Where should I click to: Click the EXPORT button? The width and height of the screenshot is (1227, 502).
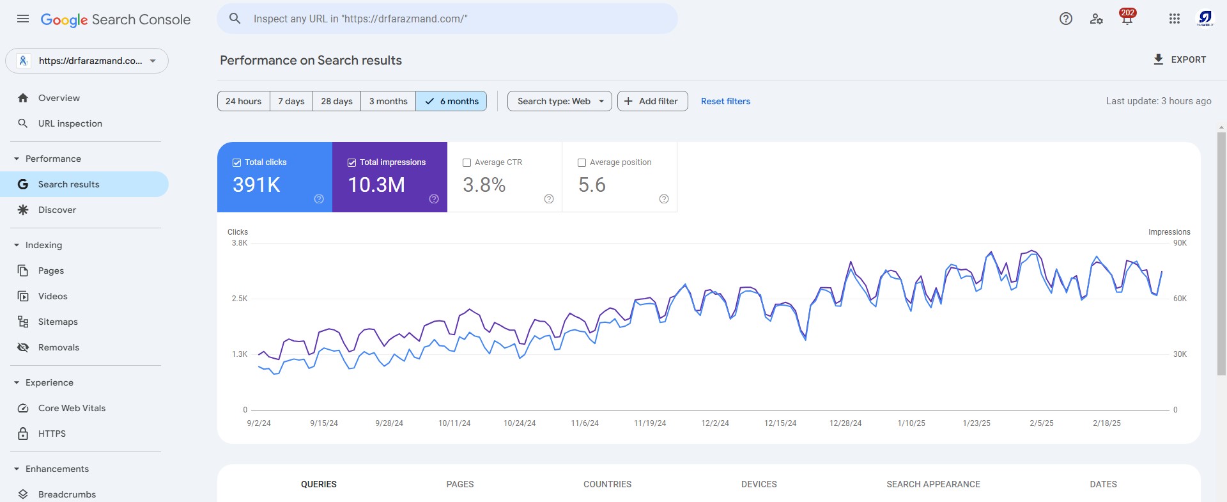1179,59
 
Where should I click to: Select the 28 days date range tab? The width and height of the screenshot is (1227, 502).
337,101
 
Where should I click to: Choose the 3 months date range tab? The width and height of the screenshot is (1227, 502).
388,101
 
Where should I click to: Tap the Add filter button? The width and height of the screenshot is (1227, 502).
652,101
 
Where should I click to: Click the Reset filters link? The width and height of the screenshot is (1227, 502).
725,101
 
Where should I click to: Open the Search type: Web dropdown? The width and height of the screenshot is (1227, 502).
560,101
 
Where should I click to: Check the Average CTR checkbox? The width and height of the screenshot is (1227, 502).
467,162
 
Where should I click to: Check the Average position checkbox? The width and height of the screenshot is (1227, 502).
582,162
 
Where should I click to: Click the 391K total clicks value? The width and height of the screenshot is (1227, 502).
256,185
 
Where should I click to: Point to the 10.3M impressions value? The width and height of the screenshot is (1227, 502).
376,185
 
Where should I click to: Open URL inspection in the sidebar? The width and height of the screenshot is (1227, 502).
70,123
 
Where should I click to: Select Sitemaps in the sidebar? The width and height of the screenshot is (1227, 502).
58,322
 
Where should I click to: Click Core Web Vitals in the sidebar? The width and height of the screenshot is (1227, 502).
72,408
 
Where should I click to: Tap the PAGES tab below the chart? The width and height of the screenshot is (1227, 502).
460,484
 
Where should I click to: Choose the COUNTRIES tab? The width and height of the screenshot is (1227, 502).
607,484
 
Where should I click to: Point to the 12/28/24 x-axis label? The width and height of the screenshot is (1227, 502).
845,423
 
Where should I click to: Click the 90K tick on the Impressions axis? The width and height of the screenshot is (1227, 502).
1180,243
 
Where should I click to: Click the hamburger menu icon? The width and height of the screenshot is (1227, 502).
23,19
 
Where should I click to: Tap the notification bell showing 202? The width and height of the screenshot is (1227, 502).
1127,18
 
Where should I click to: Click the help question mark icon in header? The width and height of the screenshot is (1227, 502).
1066,19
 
